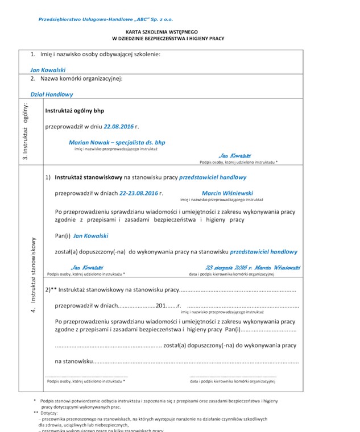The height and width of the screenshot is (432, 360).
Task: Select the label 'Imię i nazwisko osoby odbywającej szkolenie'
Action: (x=100, y=54)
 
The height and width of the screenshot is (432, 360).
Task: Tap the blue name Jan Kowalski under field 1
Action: (x=48, y=70)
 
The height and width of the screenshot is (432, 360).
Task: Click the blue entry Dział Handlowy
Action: (x=52, y=94)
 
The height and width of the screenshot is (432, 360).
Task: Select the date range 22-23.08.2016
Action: (x=139, y=193)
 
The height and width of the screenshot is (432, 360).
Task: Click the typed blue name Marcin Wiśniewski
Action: (x=227, y=193)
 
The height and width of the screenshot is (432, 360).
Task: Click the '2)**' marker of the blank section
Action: (x=51, y=289)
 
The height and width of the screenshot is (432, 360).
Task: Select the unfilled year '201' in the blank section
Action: (x=161, y=306)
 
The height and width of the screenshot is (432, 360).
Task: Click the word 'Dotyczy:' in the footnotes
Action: (x=53, y=413)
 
